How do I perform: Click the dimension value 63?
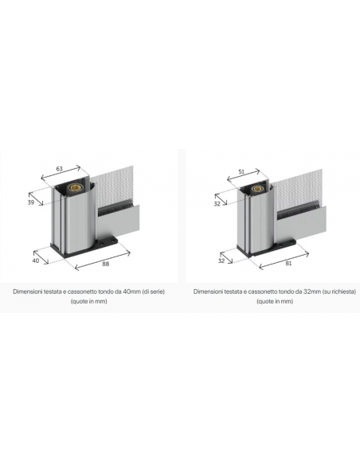[59, 169]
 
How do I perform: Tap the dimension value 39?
[31, 202]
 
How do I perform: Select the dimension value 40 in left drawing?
[36, 260]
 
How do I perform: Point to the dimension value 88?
[105, 264]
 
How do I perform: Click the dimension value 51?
[241, 171]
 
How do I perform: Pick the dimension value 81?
[288, 263]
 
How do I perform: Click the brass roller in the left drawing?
[72, 187]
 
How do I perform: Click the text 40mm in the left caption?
[131, 292]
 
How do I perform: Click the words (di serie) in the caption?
[153, 292]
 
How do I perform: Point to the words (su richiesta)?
[339, 292]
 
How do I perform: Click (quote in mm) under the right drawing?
[275, 301]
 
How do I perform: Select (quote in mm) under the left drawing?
[88, 301]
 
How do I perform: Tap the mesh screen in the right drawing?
[299, 189]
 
